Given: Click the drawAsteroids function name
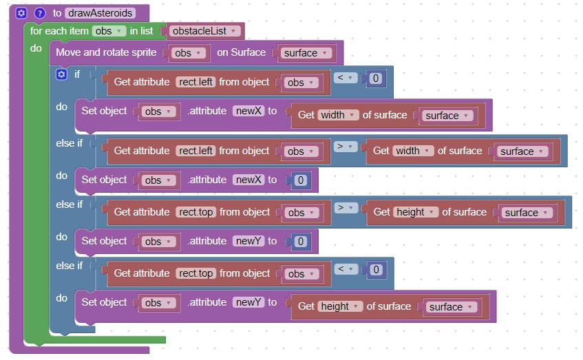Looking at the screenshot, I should pyautogui.click(x=100, y=13).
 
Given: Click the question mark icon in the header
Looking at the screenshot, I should pyautogui.click(x=39, y=13).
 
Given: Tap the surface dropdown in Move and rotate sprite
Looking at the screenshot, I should pyautogui.click(x=304, y=53).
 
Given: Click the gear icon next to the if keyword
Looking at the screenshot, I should pyautogui.click(x=61, y=74).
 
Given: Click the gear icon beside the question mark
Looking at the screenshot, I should pyautogui.click(x=21, y=13).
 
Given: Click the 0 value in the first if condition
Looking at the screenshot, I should pyautogui.click(x=375, y=78).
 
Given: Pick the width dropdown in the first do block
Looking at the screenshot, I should pyautogui.click(x=338, y=115).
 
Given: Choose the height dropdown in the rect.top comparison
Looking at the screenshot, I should pyautogui.click(x=416, y=212).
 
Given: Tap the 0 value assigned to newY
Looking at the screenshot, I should pyautogui.click(x=300, y=242).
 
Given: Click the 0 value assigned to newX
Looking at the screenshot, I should pyautogui.click(x=300, y=180).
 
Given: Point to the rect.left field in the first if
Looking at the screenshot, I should pyautogui.click(x=195, y=82).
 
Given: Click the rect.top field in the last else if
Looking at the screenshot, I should pyautogui.click(x=195, y=273).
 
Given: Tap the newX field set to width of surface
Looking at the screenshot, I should pyautogui.click(x=248, y=111).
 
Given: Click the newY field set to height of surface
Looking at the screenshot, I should pyautogui.click(x=248, y=302).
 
